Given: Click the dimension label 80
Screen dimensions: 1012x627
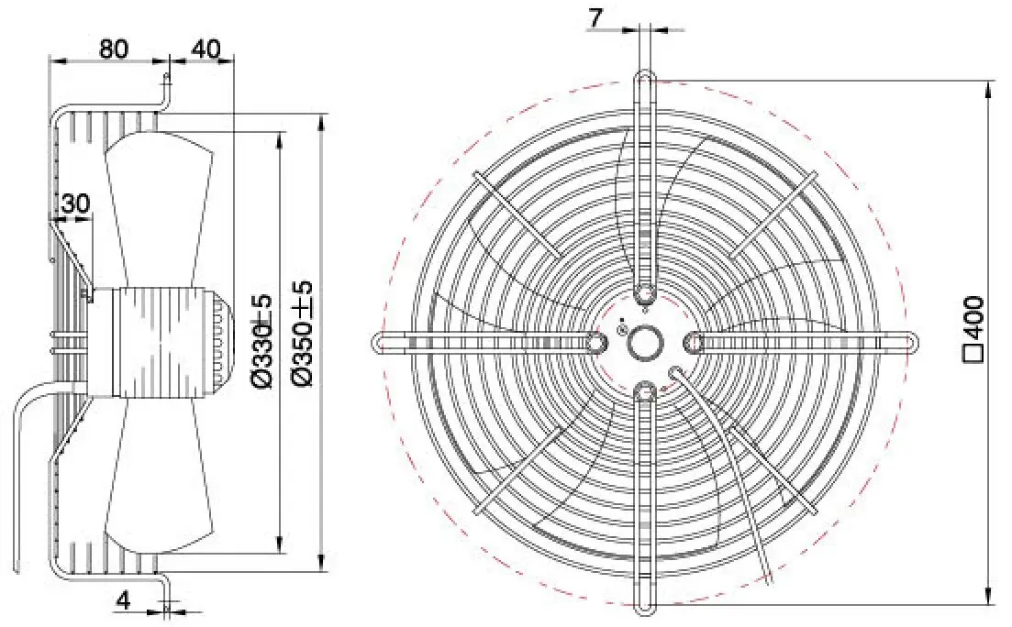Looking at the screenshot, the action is click(x=114, y=48).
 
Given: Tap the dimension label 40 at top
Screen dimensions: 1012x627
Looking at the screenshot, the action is click(x=206, y=48).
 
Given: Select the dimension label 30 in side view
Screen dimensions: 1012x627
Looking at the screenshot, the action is click(x=75, y=203).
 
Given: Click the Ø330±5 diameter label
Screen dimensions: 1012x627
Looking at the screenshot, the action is click(x=264, y=341).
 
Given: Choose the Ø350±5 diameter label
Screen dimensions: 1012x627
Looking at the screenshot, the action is click(x=303, y=333).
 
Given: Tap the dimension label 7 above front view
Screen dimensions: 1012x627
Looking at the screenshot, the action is click(x=595, y=18).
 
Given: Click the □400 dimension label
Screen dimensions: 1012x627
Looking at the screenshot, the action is click(x=973, y=329).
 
